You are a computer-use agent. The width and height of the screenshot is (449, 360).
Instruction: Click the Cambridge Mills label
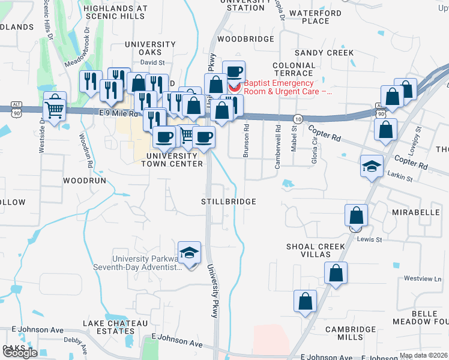point(351,334)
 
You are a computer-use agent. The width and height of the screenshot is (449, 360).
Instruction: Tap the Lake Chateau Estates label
point(115,328)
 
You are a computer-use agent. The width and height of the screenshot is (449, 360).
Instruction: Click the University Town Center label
point(175,160)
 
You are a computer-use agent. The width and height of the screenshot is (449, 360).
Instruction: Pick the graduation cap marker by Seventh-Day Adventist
point(189,252)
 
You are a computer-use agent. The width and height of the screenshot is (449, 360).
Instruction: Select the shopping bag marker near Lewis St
point(356,215)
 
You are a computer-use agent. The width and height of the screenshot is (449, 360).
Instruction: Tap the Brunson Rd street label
point(246,141)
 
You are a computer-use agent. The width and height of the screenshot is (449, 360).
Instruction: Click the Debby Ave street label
point(76,340)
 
